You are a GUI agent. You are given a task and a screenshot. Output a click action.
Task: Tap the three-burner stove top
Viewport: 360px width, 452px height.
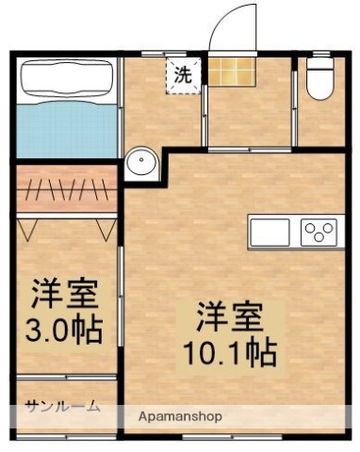tap(319, 231)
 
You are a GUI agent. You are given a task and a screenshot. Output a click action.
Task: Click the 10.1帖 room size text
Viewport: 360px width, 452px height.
tap(230, 353)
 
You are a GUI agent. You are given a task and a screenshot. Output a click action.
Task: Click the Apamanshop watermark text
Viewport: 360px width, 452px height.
tap(179, 415)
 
